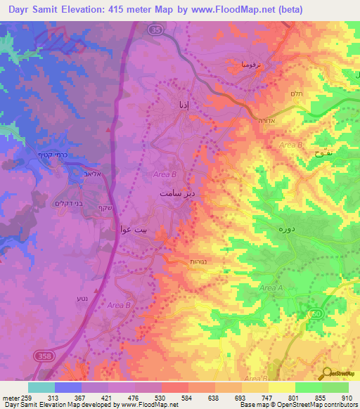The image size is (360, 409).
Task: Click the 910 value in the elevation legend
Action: point(347,397)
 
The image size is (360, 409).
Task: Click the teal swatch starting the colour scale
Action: point(41,387)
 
